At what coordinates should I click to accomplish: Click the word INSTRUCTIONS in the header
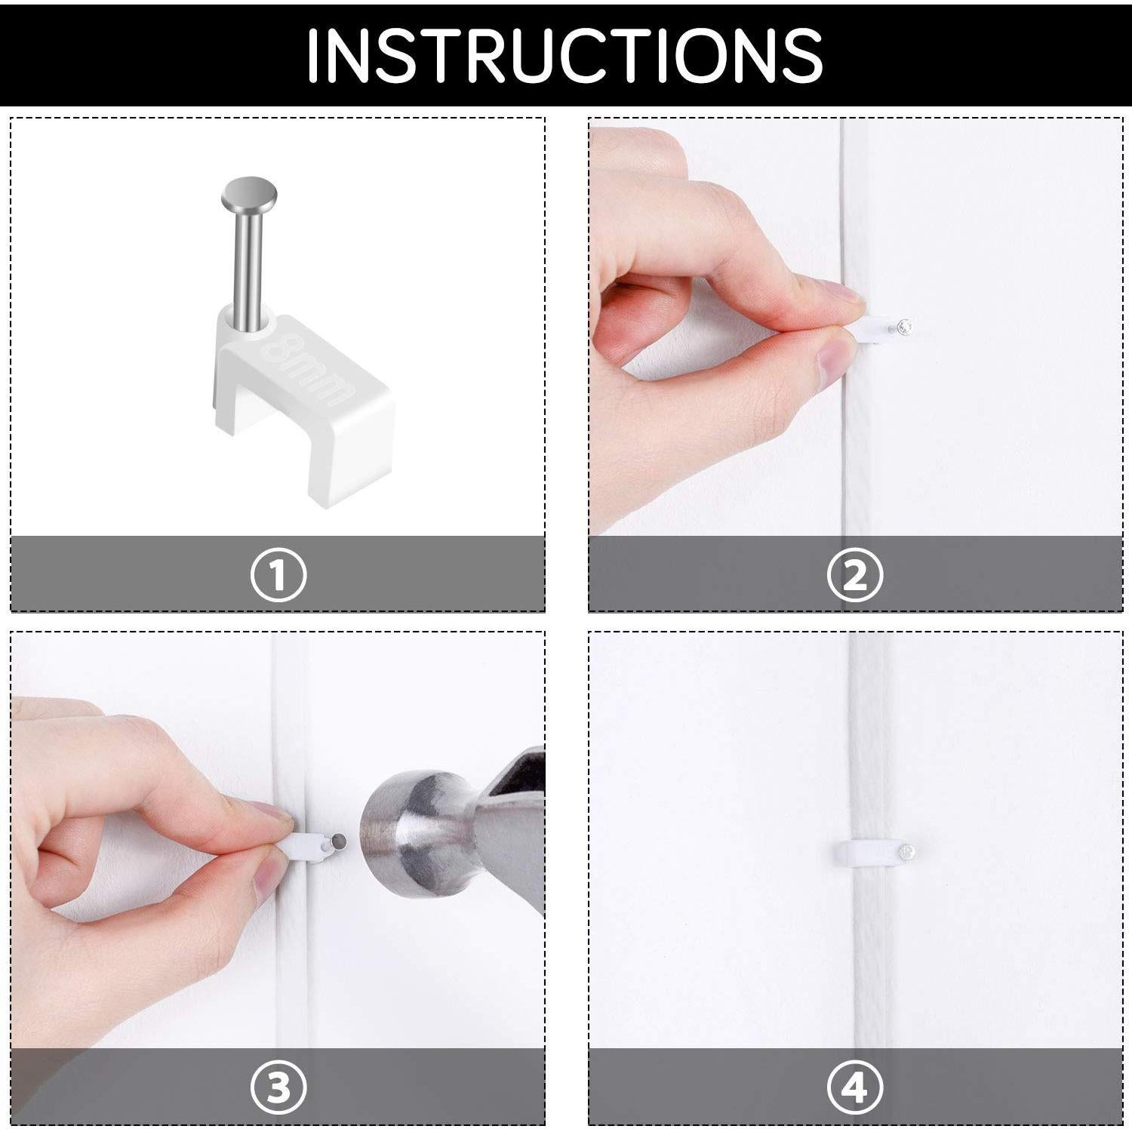click(x=564, y=56)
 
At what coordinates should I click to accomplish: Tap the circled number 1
click(x=278, y=575)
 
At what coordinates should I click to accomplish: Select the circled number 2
click(x=854, y=575)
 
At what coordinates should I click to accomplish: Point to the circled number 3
click(x=278, y=1088)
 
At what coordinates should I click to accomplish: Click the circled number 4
click(x=854, y=1088)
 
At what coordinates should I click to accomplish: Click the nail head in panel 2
click(x=906, y=328)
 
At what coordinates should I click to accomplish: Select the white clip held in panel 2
click(x=875, y=331)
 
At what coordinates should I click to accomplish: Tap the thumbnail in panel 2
click(x=836, y=358)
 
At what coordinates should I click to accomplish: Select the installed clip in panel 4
click(x=868, y=853)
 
